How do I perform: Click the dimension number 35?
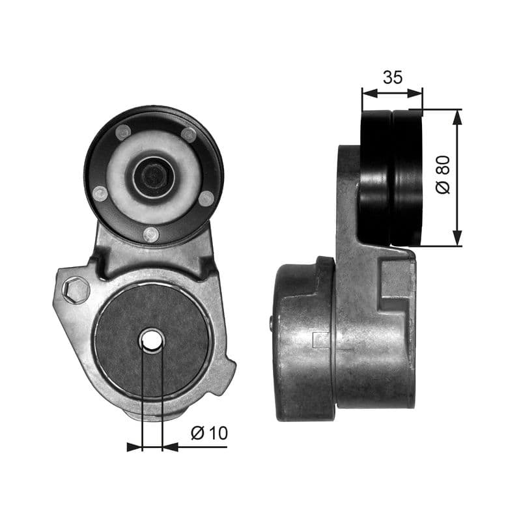[x=392, y=77]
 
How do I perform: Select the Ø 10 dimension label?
[x=210, y=432]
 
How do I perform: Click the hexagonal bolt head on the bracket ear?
[x=77, y=289]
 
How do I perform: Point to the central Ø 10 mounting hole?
[x=152, y=339]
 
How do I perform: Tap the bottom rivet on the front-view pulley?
[x=151, y=234]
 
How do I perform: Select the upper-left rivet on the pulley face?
[x=122, y=133]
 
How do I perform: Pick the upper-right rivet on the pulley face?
[x=188, y=135]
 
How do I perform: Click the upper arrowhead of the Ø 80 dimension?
[x=457, y=117]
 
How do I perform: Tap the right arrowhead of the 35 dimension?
[x=416, y=93]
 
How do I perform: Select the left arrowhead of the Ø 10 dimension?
[x=135, y=447]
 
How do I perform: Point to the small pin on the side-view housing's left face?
[x=272, y=321]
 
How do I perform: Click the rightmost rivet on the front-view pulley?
[x=206, y=198]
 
